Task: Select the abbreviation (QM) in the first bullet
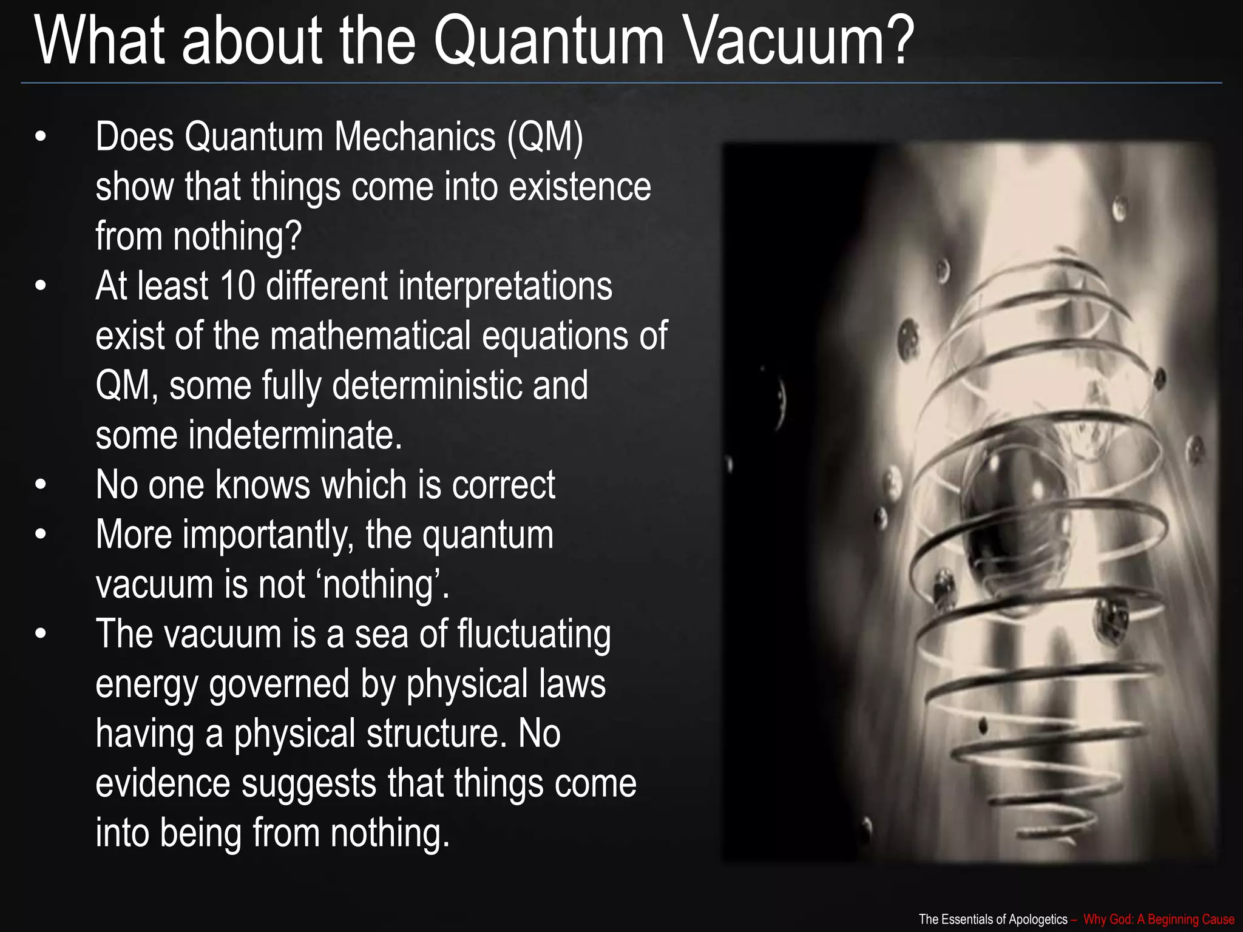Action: [x=544, y=137]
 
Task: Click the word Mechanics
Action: [x=415, y=137]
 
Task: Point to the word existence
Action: [x=580, y=186]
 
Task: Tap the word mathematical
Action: [x=370, y=335]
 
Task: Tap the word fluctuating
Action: [x=533, y=635]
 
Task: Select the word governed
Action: [x=279, y=684]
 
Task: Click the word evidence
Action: [x=163, y=783]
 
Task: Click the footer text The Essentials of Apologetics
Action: [x=993, y=919]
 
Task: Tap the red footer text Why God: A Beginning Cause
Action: [x=1158, y=919]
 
